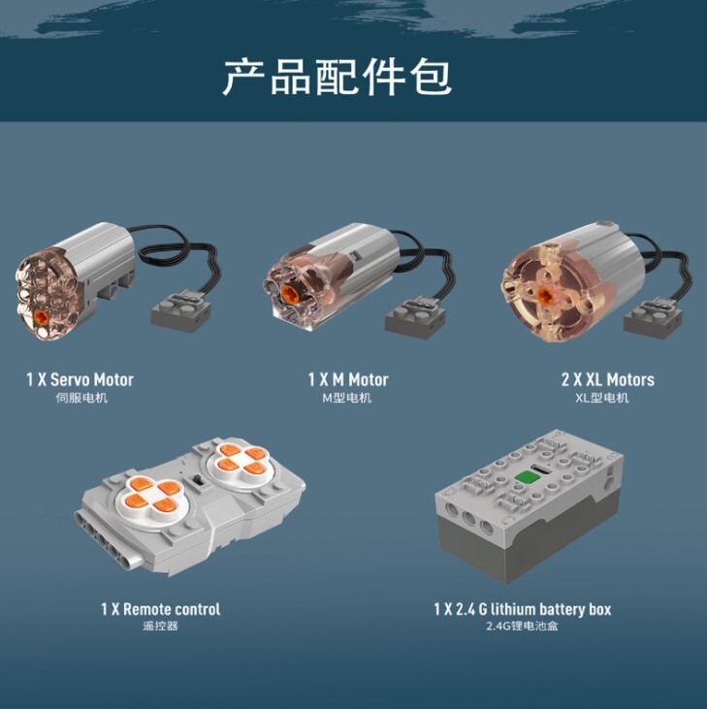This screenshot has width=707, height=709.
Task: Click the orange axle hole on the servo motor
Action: tap(41, 316)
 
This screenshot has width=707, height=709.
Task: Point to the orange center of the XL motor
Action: tap(543, 295)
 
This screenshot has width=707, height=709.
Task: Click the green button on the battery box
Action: tap(526, 476)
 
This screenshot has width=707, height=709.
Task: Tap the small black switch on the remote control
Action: tap(198, 481)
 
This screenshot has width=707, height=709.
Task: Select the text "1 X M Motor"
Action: tap(348, 379)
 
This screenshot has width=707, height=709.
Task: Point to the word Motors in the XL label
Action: tap(630, 379)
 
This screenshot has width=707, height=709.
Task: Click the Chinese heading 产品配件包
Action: tap(337, 77)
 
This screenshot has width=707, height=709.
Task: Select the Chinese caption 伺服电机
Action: tap(81, 398)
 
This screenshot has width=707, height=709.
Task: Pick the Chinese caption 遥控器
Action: tap(160, 627)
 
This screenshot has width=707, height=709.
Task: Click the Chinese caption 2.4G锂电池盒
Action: tap(522, 627)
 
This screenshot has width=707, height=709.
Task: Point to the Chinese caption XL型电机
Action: tap(601, 398)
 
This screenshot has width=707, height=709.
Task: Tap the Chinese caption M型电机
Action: tap(347, 398)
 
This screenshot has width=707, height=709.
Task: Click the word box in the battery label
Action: tap(600, 609)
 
